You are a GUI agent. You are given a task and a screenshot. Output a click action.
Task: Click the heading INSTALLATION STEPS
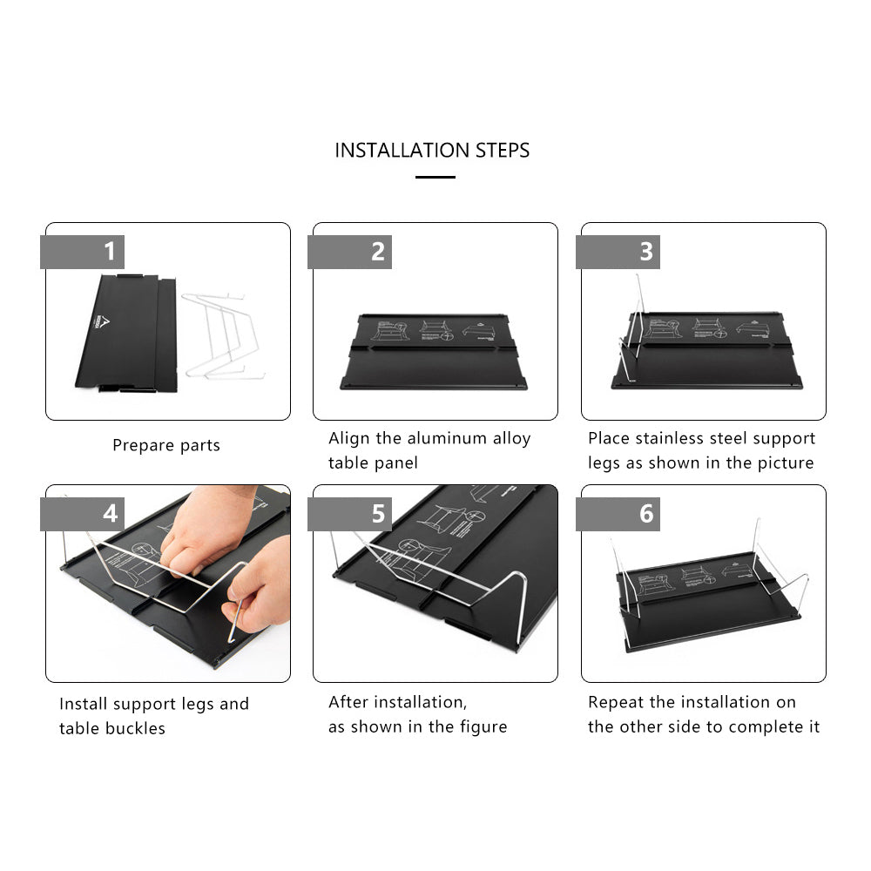tap(432, 151)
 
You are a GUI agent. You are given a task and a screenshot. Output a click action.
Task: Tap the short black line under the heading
tap(435, 177)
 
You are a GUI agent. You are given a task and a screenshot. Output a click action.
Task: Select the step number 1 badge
tap(82, 252)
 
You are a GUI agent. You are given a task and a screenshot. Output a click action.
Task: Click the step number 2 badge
tap(349, 252)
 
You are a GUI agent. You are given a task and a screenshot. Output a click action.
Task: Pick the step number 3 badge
tap(618, 252)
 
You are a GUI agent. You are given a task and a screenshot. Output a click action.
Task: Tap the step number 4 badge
tap(82, 514)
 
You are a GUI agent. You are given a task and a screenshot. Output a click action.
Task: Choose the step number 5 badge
tap(349, 514)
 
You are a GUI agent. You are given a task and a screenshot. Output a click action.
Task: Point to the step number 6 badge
tap(618, 514)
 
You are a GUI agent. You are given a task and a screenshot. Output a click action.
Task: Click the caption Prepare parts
tap(166, 445)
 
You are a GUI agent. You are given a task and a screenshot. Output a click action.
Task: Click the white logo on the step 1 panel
tap(103, 322)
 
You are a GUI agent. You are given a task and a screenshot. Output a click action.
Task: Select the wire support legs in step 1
tap(222, 336)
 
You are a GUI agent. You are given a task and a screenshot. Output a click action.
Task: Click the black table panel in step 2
tap(434, 352)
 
